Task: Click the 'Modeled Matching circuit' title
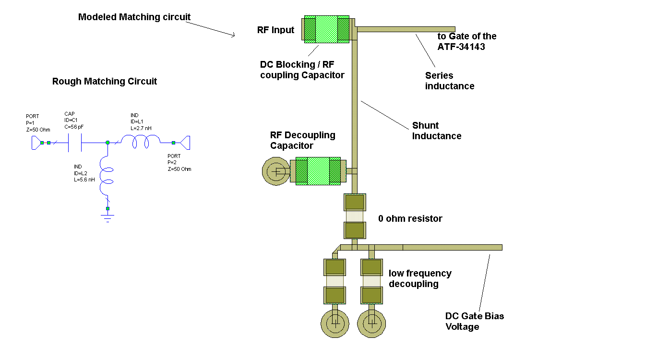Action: pyautogui.click(x=134, y=17)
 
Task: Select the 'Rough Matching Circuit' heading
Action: pyautogui.click(x=104, y=81)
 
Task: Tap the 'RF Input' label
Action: pyautogui.click(x=275, y=30)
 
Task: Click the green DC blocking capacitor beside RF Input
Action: pyautogui.click(x=326, y=29)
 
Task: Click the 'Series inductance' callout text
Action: pyautogui.click(x=449, y=81)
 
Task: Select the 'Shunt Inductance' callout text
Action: pyautogui.click(x=436, y=131)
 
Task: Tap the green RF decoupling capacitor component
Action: pyautogui.click(x=318, y=171)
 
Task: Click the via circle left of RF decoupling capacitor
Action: pyautogui.click(x=276, y=171)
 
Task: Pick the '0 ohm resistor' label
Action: pyautogui.click(x=410, y=218)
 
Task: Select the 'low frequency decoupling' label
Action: pyautogui.click(x=419, y=278)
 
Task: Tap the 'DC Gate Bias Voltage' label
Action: pyautogui.click(x=474, y=321)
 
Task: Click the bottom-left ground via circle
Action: pyautogui.click(x=335, y=323)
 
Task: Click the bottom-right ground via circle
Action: pyautogui.click(x=371, y=323)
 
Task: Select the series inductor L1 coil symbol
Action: pyautogui.click(x=140, y=141)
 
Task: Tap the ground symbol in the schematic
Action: pyautogui.click(x=107, y=217)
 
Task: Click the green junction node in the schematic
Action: pyautogui.click(x=107, y=143)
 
